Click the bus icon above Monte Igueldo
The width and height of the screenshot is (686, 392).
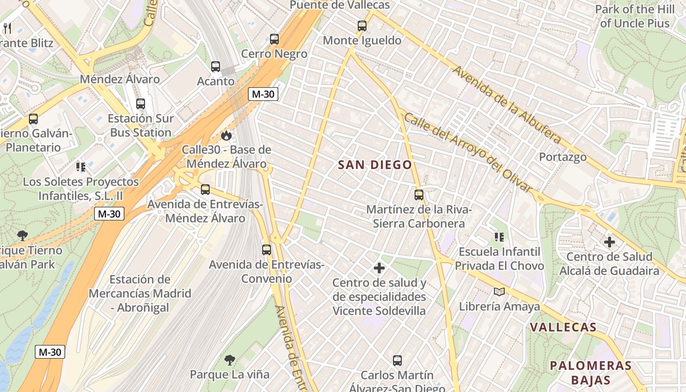pyautogui.click(x=362, y=26)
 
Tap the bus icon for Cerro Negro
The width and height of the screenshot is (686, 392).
pyautogui.click(x=274, y=39)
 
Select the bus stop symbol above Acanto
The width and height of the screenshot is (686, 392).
pyautogui.click(x=216, y=67)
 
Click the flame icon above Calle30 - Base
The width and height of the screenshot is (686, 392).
pyautogui.click(x=226, y=135)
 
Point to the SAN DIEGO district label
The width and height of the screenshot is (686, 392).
pyautogui.click(x=375, y=165)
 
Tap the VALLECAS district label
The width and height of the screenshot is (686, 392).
pyautogui.click(x=563, y=327)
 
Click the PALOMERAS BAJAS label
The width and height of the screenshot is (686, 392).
pyautogui.click(x=590, y=372)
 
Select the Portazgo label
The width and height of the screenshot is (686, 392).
pyautogui.click(x=563, y=157)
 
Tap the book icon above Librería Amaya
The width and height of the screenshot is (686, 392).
pyautogui.click(x=499, y=292)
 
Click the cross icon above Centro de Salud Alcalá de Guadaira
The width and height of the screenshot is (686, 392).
pyautogui.click(x=609, y=242)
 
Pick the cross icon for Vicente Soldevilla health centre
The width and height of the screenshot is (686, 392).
pyautogui.click(x=379, y=268)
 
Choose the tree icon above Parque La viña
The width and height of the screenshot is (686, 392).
pyautogui.click(x=229, y=361)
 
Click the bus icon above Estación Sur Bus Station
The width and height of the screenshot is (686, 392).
pyautogui.click(x=141, y=104)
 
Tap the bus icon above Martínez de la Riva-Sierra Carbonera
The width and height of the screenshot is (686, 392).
pyautogui.click(x=418, y=195)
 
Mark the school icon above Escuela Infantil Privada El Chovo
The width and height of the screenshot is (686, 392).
pyautogui.click(x=499, y=238)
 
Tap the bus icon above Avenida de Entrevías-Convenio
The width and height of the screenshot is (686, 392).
pyautogui.click(x=266, y=250)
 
